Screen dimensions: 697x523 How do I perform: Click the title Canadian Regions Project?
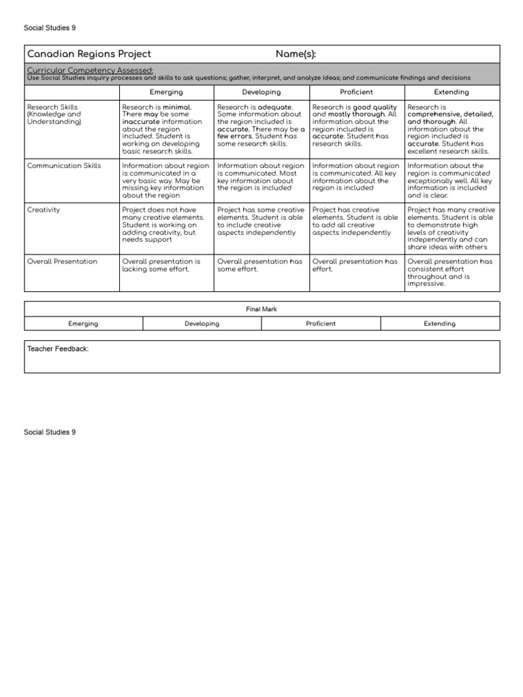tap(89, 54)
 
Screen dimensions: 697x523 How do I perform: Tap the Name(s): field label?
tap(296, 54)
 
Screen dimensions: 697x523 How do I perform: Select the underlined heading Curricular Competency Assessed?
tap(90, 69)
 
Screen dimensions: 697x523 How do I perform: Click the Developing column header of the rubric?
tap(261, 92)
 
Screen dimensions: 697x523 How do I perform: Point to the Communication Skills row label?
tap(63, 165)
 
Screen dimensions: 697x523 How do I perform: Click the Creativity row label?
tap(44, 210)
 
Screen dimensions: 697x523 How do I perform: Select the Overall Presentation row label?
tap(61, 261)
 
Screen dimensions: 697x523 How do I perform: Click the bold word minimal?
tap(177, 107)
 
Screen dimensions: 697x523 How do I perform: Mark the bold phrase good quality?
tap(375, 107)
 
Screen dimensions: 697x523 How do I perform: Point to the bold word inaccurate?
tap(141, 122)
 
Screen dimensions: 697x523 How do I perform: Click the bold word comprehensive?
tap(437, 114)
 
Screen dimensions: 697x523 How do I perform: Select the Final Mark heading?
tap(261, 309)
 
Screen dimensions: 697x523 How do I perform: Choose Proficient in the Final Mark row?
tap(321, 324)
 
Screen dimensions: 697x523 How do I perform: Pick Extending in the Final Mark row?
tap(440, 324)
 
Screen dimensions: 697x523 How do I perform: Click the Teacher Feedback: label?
tap(58, 349)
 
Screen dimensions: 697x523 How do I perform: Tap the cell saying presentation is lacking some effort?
tap(166, 265)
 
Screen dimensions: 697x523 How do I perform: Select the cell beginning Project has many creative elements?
tap(451, 229)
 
